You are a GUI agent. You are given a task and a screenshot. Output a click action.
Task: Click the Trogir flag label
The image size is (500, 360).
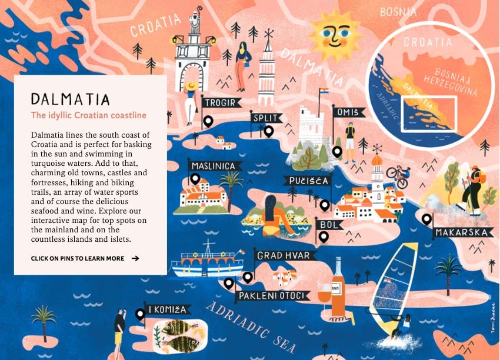[x=222, y=103]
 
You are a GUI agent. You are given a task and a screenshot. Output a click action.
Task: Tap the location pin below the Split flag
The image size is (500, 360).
[x=269, y=131]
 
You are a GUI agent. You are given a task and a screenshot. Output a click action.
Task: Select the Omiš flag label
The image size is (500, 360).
[x=348, y=112]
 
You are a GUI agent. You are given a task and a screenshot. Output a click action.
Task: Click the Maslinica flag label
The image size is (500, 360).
[x=216, y=166]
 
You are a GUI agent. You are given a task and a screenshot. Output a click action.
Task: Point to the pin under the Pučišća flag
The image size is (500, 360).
[x=325, y=205]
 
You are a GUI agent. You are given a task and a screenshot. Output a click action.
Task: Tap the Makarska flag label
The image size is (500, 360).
[x=463, y=232]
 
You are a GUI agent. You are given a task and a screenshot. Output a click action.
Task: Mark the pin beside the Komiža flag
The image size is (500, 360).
[x=140, y=315]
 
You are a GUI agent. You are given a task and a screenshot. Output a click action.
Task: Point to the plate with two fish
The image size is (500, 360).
[x=176, y=334]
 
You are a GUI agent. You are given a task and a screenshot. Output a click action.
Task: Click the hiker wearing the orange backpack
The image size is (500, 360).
[x=472, y=188]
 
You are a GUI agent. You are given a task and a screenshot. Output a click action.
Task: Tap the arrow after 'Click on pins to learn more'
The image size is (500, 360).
[x=135, y=258]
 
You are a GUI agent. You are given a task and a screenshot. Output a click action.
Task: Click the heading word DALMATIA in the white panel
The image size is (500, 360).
[x=70, y=98]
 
